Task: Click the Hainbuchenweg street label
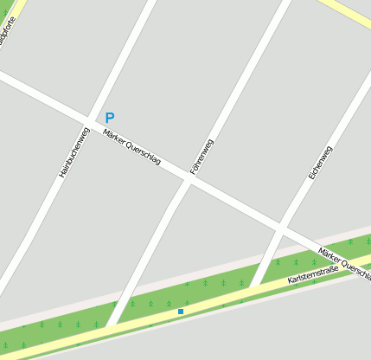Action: click(74, 153)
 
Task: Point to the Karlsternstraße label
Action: click(313, 275)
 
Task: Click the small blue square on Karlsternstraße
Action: click(181, 312)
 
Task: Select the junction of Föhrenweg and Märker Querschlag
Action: click(188, 181)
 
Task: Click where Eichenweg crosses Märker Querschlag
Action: click(281, 231)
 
